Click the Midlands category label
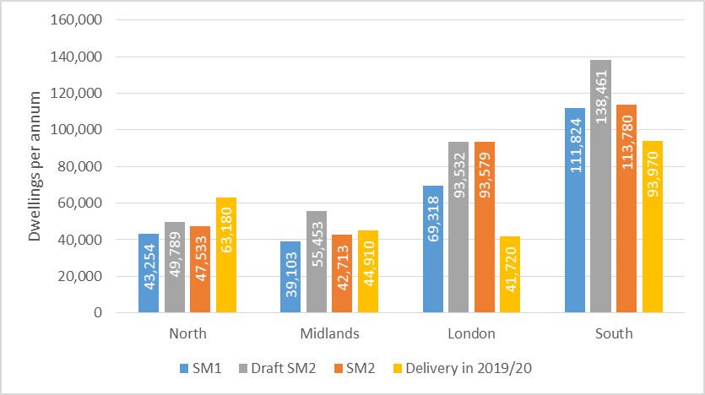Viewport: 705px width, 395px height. click(330, 333)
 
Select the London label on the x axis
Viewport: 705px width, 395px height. click(471, 333)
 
